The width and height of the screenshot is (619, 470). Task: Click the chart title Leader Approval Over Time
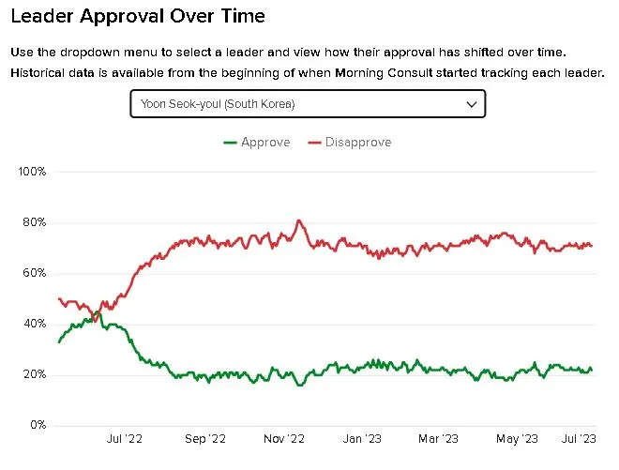tap(137, 17)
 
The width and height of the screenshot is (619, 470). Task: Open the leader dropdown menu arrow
tap(472, 104)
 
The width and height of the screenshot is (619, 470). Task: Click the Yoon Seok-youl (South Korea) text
tap(217, 104)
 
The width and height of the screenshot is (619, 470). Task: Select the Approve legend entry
tap(257, 143)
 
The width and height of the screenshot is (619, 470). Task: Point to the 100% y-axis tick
tap(32, 172)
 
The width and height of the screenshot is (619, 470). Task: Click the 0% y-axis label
tap(36, 425)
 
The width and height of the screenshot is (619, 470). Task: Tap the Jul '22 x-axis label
tap(125, 438)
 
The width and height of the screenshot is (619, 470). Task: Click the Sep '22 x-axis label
tap(205, 438)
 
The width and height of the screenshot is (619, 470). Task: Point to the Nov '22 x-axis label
tap(284, 438)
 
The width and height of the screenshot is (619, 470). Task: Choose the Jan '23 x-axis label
tap(360, 438)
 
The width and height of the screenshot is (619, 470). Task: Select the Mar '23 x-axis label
tap(437, 438)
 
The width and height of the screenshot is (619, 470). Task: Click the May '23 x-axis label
tap(516, 438)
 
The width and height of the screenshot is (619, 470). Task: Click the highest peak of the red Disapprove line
tap(299, 220)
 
